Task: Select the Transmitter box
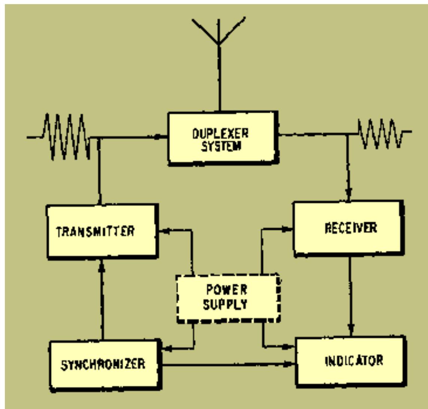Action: click(x=101, y=231)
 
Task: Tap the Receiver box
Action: click(x=348, y=228)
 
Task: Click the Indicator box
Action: click(x=350, y=361)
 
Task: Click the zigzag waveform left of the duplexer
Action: click(x=66, y=137)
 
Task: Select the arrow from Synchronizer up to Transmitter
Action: click(x=101, y=300)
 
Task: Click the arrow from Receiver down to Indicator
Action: click(x=350, y=296)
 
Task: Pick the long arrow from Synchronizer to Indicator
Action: click(x=228, y=364)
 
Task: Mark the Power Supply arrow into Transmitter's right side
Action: click(x=165, y=231)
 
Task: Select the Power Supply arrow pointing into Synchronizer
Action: click(x=169, y=349)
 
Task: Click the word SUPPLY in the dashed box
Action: click(x=225, y=305)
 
